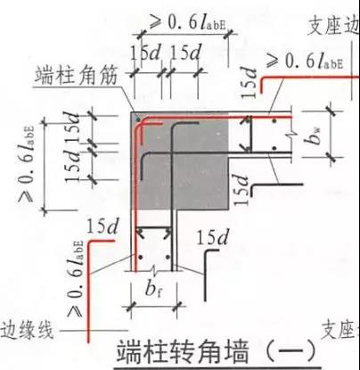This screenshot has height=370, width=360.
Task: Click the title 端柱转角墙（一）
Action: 215,352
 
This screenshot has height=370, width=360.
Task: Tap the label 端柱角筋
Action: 76,76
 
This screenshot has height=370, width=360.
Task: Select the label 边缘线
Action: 27,330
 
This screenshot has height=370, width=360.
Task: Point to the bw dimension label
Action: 315,136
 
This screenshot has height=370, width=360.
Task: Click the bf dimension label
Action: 154,289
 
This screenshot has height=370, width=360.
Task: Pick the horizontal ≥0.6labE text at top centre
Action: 188,22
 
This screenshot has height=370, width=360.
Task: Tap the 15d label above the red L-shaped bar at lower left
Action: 102,226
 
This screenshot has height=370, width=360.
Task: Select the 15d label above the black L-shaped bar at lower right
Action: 213,237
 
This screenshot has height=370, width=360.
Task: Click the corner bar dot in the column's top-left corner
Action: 138,119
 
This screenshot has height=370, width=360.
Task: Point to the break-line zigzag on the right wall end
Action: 291,136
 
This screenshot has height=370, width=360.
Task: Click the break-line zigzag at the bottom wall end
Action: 154,270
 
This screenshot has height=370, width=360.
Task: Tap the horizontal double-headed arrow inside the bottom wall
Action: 154,229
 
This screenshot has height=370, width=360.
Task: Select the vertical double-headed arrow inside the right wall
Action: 249,134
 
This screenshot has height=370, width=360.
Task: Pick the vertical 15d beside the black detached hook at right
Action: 241,189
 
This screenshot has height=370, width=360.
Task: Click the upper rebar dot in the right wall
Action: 274,121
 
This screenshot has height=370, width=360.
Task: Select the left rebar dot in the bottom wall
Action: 141,257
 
